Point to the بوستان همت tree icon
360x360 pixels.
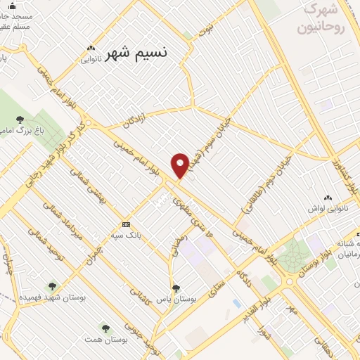click(105, 328)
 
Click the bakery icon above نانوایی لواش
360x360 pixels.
click(328, 198)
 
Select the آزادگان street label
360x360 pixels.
click(138, 117)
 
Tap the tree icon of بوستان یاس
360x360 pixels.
click(176, 288)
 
